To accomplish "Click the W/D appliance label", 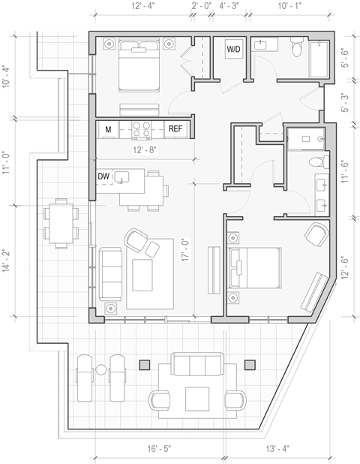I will coord(233,50).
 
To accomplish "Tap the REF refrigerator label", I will coord(175,130).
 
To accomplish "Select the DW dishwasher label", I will coord(104,176).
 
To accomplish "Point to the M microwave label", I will coord(109,130).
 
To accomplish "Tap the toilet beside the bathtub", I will coord(297,50).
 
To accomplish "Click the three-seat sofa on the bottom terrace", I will coord(199,366).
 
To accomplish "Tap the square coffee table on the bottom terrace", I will coord(199,397).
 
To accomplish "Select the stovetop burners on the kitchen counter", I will coord(142,129).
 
